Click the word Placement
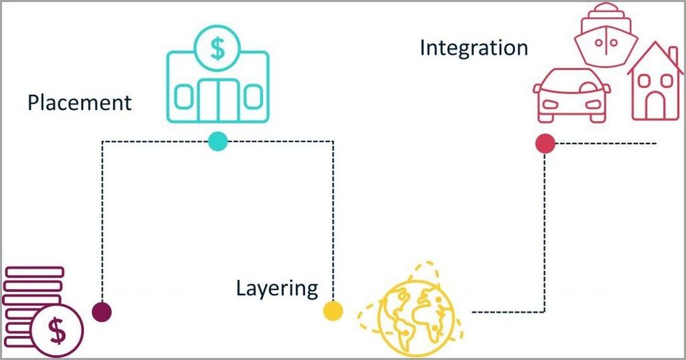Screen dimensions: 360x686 79,103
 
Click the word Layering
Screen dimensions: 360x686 277,288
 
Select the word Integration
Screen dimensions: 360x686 474,48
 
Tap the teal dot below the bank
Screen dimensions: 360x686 217,141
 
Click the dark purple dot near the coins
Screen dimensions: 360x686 102,311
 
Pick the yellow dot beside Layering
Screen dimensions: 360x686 333,311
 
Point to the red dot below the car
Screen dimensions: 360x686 545,143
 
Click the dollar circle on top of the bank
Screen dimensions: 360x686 218,49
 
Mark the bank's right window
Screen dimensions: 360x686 252,97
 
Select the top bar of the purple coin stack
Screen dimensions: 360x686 32,272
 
